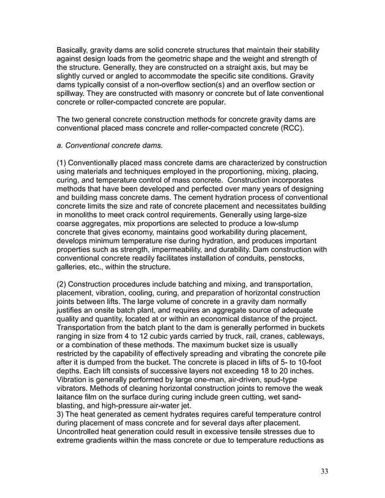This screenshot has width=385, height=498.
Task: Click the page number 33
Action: [324, 471]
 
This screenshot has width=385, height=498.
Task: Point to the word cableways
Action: [306, 336]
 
